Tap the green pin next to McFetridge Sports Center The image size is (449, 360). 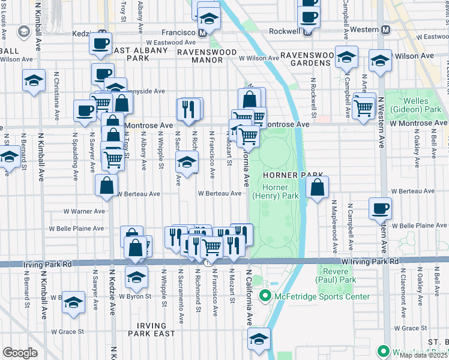coord(265,296)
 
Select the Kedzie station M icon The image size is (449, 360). coord(102,33)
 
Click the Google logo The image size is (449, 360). coord(20,353)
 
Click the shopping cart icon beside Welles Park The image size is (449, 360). coord(364,107)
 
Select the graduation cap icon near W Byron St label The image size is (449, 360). coord(137,277)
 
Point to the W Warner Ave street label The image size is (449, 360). coord(85,211)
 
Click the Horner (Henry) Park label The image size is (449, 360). coord(281,192)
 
